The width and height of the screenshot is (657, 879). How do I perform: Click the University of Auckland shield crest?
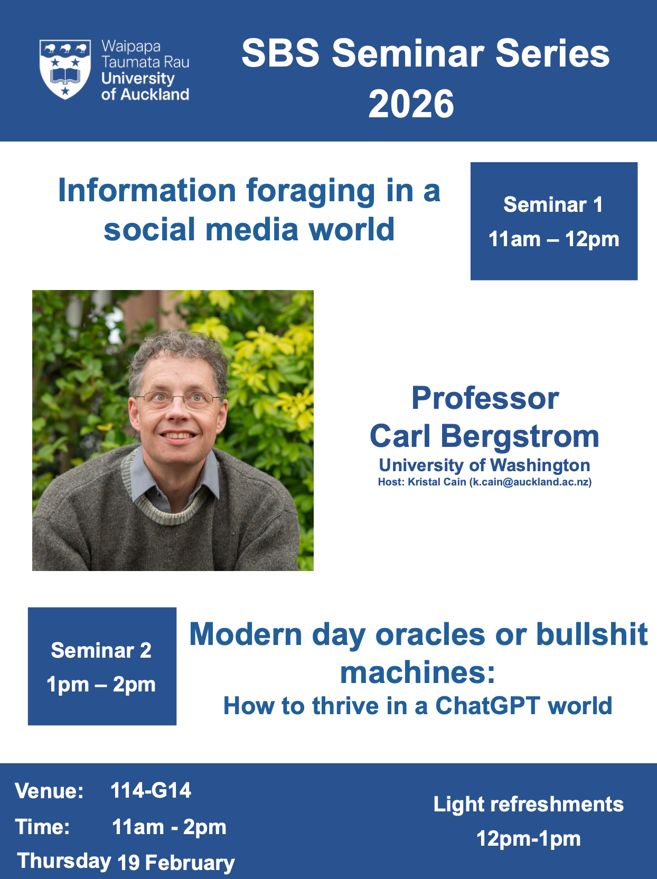[65, 69]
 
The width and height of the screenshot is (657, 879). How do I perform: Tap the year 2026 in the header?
[411, 104]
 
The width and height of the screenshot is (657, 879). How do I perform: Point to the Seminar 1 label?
[553, 204]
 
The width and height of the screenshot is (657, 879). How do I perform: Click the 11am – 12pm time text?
[553, 239]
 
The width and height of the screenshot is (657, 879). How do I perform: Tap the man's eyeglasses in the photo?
[178, 399]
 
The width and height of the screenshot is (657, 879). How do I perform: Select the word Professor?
[485, 398]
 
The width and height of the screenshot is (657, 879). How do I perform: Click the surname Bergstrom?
[520, 436]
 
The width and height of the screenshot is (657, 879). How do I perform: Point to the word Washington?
[540, 466]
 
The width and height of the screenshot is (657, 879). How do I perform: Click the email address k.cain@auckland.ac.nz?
[530, 482]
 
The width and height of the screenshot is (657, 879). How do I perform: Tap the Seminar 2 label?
[101, 650]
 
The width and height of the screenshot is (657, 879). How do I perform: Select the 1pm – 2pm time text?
[101, 685]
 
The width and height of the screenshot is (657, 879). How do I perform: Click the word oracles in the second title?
[430, 634]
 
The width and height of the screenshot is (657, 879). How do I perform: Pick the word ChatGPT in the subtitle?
[487, 706]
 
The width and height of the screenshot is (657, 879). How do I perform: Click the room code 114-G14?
[151, 790]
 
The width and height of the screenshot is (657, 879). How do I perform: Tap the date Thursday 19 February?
[126, 861]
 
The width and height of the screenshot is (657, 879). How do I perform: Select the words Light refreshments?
[529, 804]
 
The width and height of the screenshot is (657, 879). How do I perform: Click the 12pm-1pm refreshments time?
[529, 838]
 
